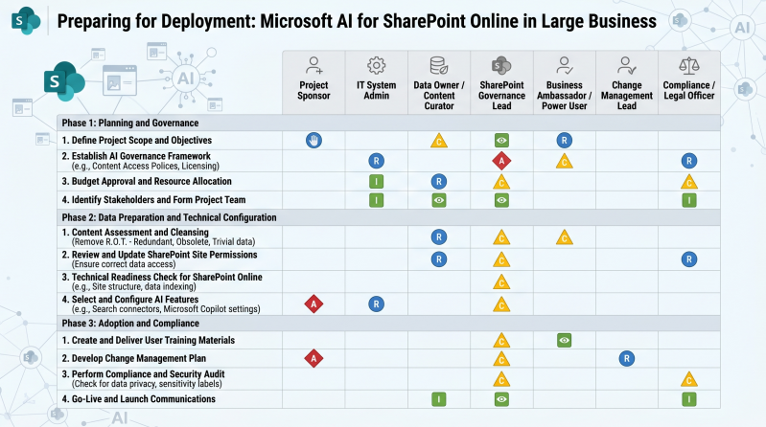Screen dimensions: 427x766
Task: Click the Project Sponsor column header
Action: click(313, 91)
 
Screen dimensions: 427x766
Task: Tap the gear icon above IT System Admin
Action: click(376, 66)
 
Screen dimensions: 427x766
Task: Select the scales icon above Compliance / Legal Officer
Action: click(688, 66)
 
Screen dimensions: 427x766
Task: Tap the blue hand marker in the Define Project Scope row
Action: click(313, 141)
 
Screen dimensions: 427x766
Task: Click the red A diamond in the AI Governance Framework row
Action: click(500, 161)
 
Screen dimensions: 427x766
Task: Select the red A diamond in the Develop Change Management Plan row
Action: click(313, 359)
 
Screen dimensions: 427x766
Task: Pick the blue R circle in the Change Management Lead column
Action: click(626, 359)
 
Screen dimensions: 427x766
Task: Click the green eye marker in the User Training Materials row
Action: click(564, 340)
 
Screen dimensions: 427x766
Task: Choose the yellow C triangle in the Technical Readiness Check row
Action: click(500, 281)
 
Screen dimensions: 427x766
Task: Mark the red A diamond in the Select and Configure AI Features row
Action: click(313, 303)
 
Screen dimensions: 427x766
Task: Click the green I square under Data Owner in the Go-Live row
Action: click(438, 398)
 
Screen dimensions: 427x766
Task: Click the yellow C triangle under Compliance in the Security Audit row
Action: click(688, 379)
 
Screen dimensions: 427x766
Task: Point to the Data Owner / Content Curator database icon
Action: click(438, 66)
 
